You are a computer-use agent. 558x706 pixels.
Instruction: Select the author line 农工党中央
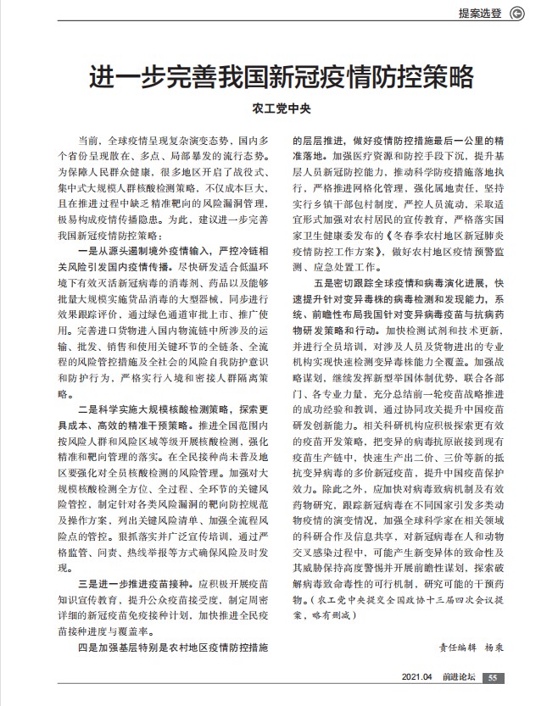280,109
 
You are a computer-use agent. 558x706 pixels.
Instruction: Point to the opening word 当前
86,138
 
